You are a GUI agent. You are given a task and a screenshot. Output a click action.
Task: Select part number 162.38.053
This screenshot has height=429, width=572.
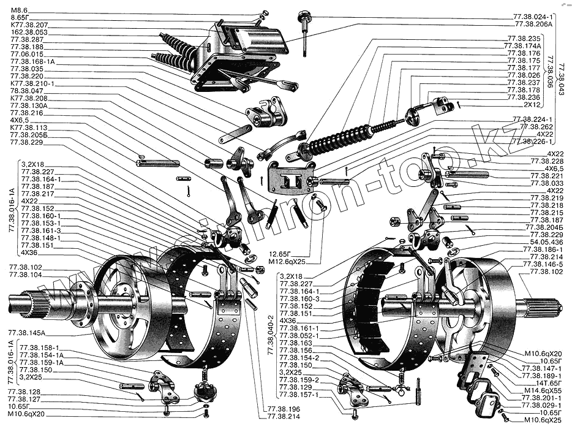click(x=27, y=32)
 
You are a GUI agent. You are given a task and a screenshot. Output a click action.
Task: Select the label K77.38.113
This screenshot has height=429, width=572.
click(x=29, y=127)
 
